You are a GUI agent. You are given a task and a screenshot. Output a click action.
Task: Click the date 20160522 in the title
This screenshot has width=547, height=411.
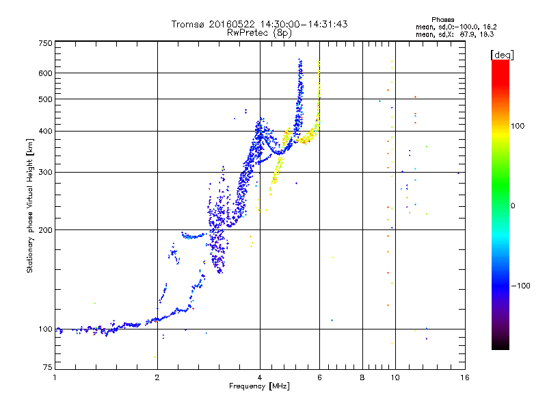232,24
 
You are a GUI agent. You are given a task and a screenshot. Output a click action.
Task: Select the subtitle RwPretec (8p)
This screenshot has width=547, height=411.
259,33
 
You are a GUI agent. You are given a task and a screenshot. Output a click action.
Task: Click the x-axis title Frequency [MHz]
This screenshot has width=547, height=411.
259,386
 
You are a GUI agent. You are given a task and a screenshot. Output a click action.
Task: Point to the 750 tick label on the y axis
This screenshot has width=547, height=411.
45,43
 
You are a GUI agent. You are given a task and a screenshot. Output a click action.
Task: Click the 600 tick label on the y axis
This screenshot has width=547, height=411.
45,73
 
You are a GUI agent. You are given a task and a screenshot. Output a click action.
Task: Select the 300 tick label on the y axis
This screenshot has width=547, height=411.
45,172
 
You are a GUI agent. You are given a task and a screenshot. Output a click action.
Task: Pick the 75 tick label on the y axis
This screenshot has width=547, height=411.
47,367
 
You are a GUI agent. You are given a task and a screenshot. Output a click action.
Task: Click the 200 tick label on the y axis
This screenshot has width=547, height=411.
45,230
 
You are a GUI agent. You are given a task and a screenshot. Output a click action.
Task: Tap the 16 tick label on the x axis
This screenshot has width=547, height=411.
464,377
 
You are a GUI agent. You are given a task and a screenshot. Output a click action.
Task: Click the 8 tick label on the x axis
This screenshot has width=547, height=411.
362,377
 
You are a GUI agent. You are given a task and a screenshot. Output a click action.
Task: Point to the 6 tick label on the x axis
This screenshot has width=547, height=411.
319,377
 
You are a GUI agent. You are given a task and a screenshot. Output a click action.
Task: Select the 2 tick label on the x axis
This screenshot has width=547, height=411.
157,377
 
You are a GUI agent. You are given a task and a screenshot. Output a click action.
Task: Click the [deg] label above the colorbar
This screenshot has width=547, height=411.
502,55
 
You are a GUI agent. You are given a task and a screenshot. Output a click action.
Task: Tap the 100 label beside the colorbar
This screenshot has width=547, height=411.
518,126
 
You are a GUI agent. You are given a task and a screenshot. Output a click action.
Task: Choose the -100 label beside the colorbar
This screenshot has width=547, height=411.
520,286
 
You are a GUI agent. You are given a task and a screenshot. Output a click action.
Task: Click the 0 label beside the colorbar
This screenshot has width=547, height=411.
513,206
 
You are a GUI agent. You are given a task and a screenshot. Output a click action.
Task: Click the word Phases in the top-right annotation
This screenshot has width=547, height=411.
442,20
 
